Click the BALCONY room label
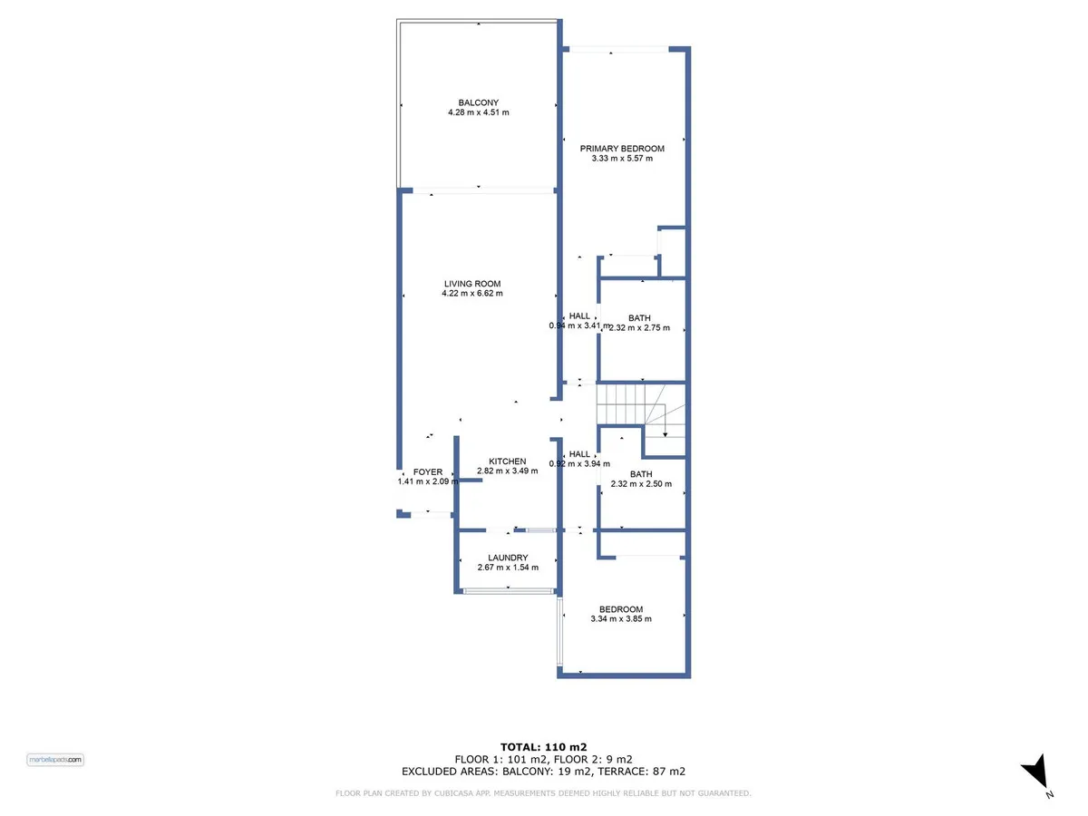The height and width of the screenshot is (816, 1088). pos(478,102)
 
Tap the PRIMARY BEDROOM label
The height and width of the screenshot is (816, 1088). pos(622,149)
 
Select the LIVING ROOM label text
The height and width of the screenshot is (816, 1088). pos(471,284)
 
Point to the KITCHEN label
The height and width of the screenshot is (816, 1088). pos(507,461)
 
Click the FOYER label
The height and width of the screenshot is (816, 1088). pos(428,472)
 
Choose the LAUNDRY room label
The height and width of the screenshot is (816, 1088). pos(508,558)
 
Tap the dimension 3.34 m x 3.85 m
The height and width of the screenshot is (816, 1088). pos(620,619)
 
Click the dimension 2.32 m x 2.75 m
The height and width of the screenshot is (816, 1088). pos(639,328)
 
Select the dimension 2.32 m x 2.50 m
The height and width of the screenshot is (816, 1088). pos(641,484)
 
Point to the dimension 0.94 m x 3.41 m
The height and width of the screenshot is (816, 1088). pos(579,326)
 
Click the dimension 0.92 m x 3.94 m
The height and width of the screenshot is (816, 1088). pos(579,464)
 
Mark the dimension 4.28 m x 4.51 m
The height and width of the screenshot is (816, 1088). pos(479,112)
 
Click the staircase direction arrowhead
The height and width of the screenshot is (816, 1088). pos(665,434)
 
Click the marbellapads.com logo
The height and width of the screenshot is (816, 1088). pos(55,760)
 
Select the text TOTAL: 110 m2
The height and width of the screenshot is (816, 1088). pos(543,747)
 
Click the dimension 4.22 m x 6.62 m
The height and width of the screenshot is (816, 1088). pos(471,293)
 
